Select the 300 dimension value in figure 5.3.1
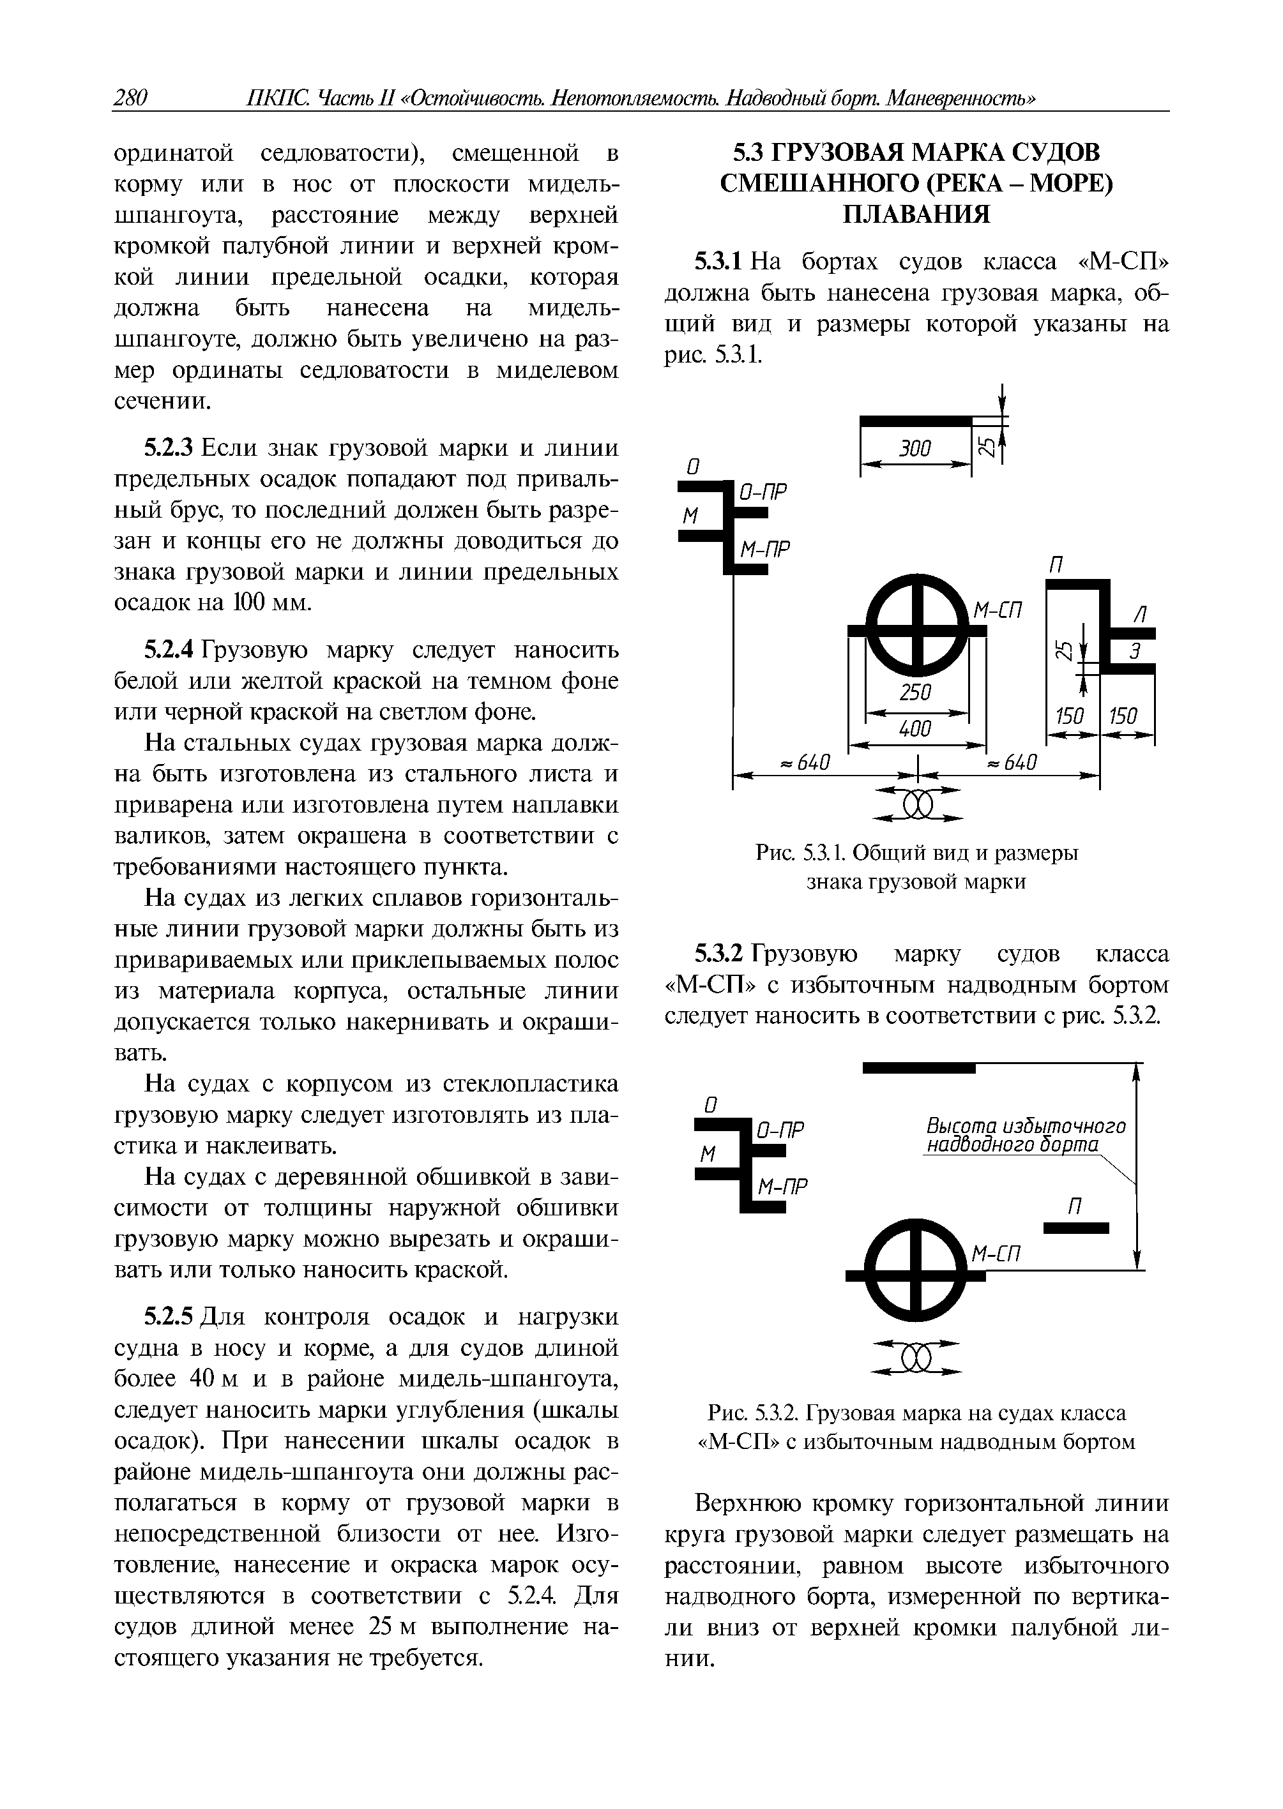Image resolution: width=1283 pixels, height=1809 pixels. click(x=916, y=449)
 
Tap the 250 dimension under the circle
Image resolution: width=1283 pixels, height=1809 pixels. click(x=916, y=693)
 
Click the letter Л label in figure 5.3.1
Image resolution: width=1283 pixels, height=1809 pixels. click(x=1139, y=613)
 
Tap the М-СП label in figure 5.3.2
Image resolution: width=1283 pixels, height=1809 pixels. click(x=997, y=1254)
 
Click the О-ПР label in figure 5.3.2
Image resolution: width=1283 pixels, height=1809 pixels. click(x=780, y=1130)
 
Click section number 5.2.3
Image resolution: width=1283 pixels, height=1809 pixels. click(x=169, y=449)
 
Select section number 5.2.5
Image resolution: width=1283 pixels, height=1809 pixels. click(x=169, y=1317)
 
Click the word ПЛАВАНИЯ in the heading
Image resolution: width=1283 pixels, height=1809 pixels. click(x=916, y=214)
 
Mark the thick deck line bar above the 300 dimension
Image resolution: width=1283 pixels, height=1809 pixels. click(x=916, y=421)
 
